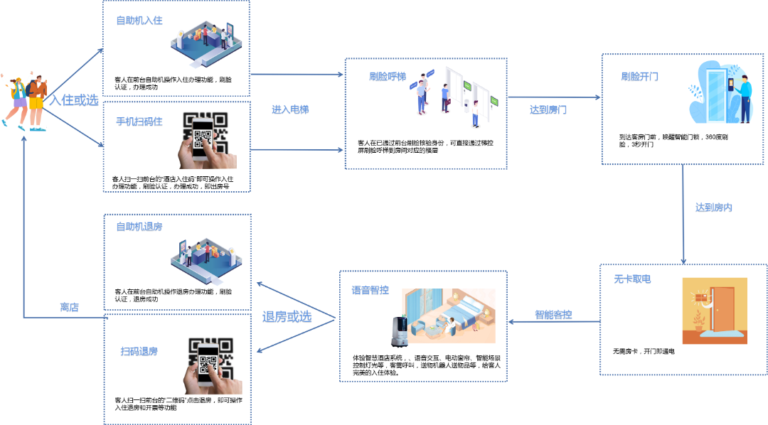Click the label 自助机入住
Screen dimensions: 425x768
(x=139, y=21)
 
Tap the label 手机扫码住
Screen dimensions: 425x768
(x=139, y=122)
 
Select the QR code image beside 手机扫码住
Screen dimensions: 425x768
(x=206, y=139)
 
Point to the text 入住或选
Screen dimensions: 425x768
(x=73, y=101)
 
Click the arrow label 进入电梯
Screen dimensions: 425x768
(x=290, y=110)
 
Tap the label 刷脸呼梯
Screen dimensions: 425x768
(x=388, y=77)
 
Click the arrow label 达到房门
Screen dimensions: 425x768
(x=548, y=110)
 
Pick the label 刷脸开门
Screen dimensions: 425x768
(x=639, y=77)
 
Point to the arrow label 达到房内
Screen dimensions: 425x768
(x=713, y=208)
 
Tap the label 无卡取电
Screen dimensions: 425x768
(x=632, y=279)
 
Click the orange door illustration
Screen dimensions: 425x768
(x=714, y=311)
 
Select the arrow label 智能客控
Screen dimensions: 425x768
(x=553, y=314)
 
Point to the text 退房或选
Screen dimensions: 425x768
(x=287, y=317)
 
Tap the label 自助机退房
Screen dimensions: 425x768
(x=139, y=227)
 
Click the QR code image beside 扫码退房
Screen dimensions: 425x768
(x=211, y=364)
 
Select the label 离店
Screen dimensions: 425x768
(x=69, y=307)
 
